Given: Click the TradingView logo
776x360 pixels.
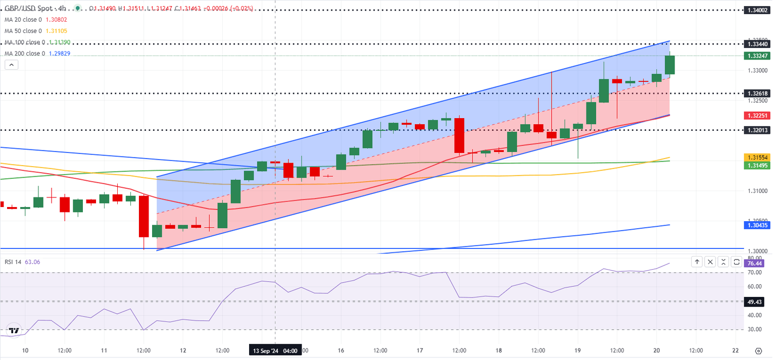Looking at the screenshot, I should (14, 331).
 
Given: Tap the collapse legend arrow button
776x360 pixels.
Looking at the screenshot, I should (11, 65).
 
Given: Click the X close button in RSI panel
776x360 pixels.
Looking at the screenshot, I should (710, 262).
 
